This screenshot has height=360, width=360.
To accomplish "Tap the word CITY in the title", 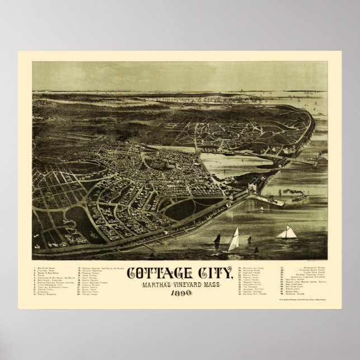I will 213,274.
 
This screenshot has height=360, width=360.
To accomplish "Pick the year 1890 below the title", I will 179,297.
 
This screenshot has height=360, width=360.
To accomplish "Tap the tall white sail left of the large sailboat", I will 235,239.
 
